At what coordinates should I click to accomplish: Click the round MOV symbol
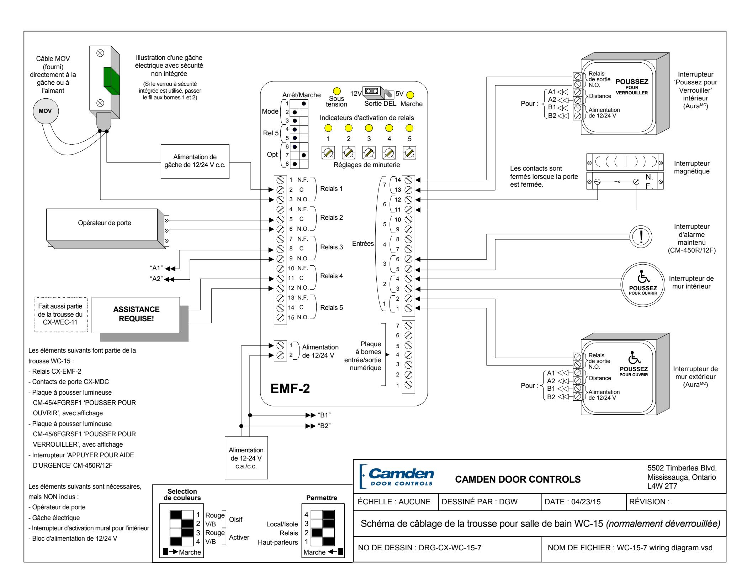point(46,111)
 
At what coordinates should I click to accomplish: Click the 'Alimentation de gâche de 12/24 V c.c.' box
point(195,161)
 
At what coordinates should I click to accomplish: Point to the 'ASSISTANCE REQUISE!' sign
point(136,315)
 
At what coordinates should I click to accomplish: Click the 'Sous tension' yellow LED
point(337,91)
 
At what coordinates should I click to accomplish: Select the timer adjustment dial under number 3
point(369,152)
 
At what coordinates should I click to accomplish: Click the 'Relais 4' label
point(332,276)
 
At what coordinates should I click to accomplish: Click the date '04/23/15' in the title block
point(586,502)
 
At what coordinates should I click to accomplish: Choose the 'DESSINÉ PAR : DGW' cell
point(490,502)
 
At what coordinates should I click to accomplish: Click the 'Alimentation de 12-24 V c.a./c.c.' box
point(246,458)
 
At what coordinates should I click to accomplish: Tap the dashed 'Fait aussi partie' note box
point(60,315)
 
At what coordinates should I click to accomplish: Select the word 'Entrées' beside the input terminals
point(363,244)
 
